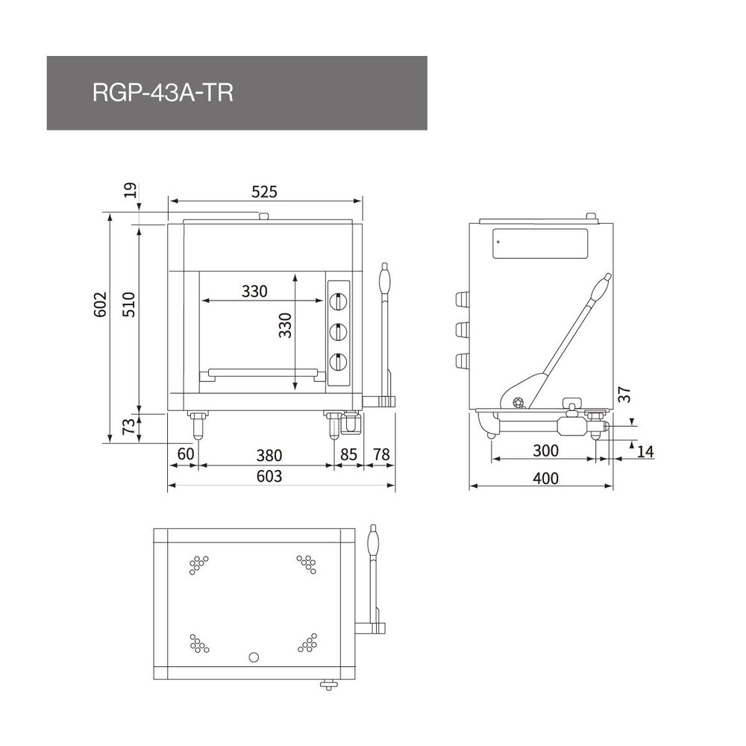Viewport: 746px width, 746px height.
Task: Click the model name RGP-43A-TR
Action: (x=163, y=94)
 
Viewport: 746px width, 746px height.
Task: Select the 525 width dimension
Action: (x=264, y=192)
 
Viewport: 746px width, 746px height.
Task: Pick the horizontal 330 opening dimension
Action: (x=254, y=292)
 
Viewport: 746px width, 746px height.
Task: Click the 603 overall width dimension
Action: (x=269, y=476)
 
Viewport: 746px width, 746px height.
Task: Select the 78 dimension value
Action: (x=381, y=454)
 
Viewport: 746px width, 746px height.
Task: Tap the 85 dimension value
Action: (x=348, y=454)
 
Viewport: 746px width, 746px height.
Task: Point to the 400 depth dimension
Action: (x=546, y=478)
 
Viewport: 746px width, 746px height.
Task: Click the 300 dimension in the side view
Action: (x=546, y=451)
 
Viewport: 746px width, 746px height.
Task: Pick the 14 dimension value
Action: (x=646, y=451)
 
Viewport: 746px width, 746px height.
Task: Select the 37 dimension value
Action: (x=625, y=395)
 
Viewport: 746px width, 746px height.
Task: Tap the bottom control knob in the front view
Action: (x=339, y=363)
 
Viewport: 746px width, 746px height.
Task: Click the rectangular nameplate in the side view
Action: (x=540, y=243)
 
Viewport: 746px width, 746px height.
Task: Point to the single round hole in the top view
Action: (x=254, y=657)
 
